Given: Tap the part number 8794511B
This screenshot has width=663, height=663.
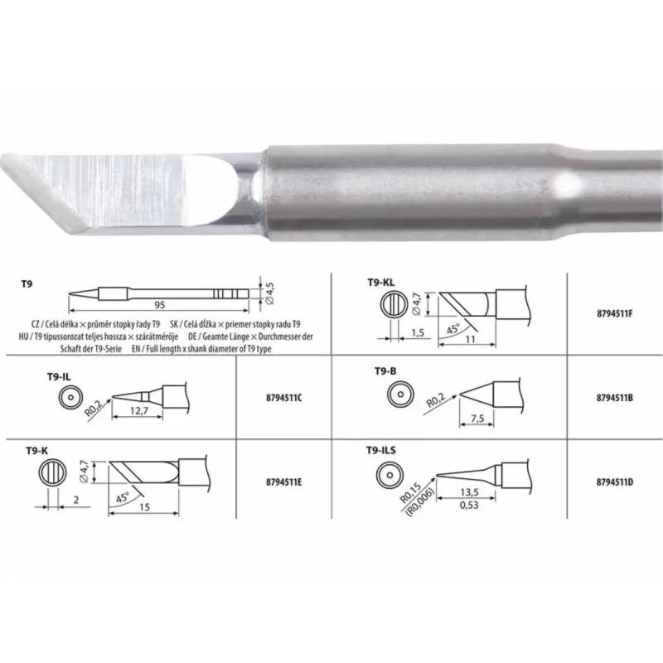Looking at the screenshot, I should pyautogui.click(x=614, y=397).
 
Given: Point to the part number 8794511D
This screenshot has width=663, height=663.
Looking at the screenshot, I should pyautogui.click(x=614, y=480).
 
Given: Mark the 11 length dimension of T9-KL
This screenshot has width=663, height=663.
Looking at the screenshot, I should pyautogui.click(x=469, y=340).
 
